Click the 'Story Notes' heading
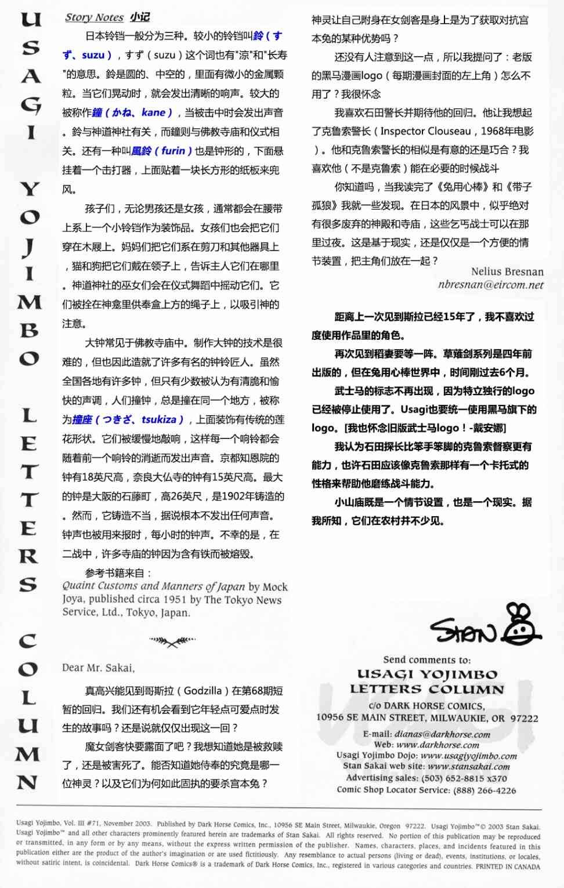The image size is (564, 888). (x=94, y=17)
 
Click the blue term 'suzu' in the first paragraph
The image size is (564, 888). (x=93, y=55)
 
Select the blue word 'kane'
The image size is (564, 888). (x=153, y=113)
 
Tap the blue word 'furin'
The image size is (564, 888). (x=173, y=151)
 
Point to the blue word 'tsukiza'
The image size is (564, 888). (x=158, y=419)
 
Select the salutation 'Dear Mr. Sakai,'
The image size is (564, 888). (x=98, y=668)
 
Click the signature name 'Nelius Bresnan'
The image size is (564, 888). (x=507, y=271)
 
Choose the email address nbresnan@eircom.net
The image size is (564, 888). (x=491, y=285)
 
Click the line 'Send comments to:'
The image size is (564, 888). (x=426, y=659)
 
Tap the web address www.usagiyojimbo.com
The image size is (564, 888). (x=468, y=756)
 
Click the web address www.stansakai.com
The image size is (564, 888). (x=469, y=766)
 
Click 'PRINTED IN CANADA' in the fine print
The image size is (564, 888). (x=508, y=867)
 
